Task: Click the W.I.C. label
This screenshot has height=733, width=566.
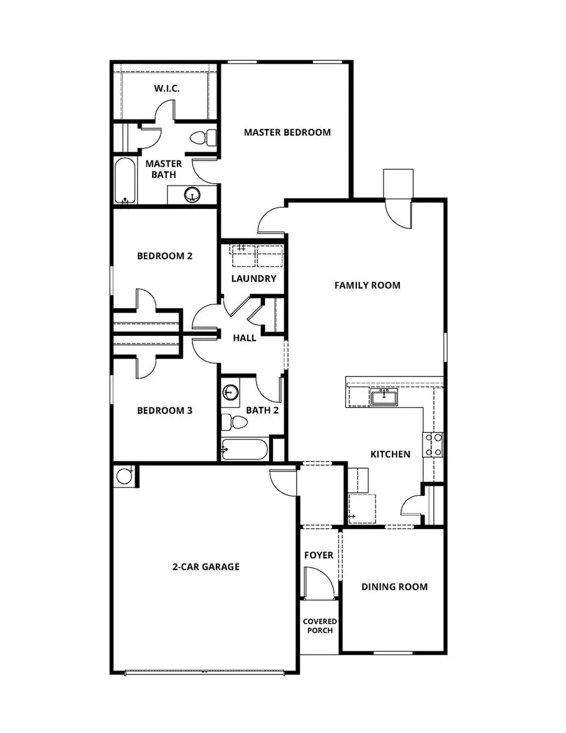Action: (167, 89)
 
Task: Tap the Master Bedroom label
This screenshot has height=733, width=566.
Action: (287, 132)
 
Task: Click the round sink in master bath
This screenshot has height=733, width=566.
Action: (192, 195)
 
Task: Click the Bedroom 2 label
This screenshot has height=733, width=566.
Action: (164, 256)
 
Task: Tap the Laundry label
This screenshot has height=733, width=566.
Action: (253, 279)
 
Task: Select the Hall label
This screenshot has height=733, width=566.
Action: (245, 338)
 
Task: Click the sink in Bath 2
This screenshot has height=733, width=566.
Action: (230, 393)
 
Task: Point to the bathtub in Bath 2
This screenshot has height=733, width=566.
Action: (245, 450)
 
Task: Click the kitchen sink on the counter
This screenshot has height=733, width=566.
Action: (383, 397)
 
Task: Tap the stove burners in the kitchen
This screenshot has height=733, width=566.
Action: (433, 444)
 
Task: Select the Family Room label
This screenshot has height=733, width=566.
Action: (367, 285)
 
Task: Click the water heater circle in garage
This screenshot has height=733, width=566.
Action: (125, 476)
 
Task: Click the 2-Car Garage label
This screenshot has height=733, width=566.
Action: (206, 567)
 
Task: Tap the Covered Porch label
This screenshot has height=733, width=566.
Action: (319, 626)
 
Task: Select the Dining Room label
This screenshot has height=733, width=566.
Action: (394, 587)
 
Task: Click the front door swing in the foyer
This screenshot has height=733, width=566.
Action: (318, 582)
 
